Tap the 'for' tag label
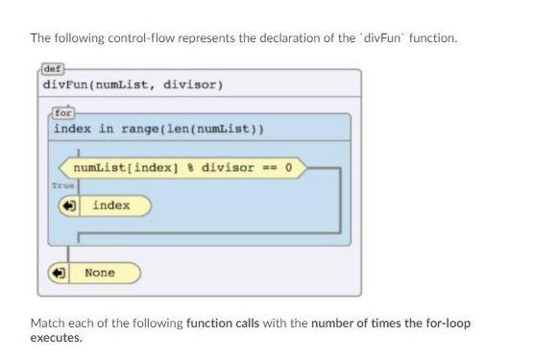[63, 112]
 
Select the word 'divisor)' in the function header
[193, 84]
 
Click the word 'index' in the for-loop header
[73, 129]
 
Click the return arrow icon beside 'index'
[68, 206]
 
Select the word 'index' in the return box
[111, 205]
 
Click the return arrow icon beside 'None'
[60, 274]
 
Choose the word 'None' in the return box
[100, 273]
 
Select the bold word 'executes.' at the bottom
[57, 338]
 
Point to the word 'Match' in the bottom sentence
[47, 324]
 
